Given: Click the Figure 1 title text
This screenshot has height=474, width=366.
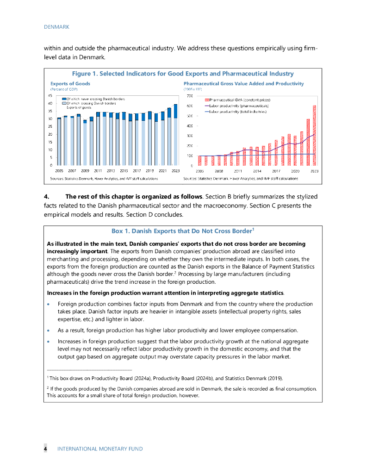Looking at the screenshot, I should tap(182, 74).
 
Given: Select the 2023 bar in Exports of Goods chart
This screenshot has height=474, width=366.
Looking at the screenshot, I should tap(175, 135).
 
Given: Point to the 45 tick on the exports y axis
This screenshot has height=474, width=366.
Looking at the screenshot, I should tap(50, 96).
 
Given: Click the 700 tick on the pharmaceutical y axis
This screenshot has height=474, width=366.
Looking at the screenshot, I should tap(190, 96).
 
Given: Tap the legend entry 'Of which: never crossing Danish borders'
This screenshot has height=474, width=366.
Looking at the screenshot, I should tap(93, 99).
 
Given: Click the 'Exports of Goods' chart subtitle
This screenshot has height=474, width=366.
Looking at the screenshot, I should tap(70, 84).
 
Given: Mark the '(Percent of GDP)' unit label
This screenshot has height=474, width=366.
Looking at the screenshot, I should tap(64, 89).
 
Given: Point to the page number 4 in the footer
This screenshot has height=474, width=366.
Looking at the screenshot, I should tap(45, 449).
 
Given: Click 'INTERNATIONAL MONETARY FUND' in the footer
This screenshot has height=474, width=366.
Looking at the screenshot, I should tap(100, 449).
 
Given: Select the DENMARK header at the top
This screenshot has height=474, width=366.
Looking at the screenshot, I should tap(56, 27).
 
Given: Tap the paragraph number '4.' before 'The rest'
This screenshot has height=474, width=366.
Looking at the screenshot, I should tap(47, 196).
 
